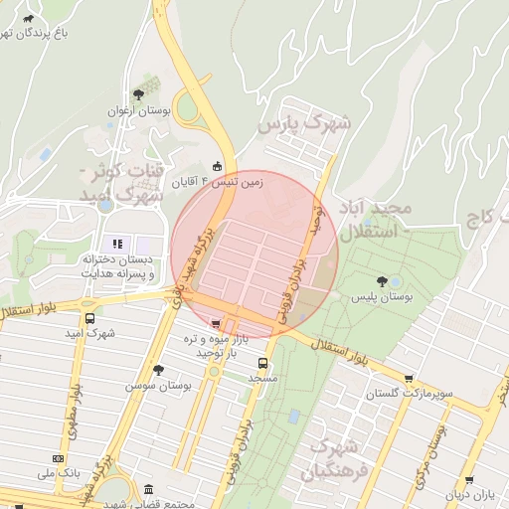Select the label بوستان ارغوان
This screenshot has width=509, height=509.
click(140, 111)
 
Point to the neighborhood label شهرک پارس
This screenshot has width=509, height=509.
click(305, 124)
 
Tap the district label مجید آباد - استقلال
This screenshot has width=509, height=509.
click(375, 219)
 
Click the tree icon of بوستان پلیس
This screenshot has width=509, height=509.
click(384, 281)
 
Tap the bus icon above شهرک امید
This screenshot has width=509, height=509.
click(90, 319)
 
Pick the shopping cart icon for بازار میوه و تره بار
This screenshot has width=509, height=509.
click(217, 323)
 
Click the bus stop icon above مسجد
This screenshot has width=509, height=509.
click(263, 364)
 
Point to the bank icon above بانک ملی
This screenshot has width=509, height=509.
click(56, 458)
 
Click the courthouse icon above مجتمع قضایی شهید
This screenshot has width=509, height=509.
click(149, 491)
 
